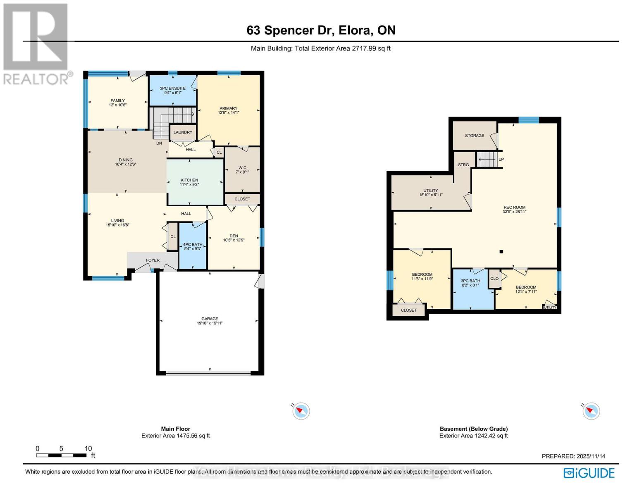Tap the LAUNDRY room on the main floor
click(183, 132)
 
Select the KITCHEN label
click(189, 180)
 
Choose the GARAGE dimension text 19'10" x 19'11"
click(210, 323)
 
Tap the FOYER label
click(153, 260)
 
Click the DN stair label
click(159, 143)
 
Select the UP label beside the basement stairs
click(501, 160)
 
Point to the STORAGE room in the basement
click(474, 136)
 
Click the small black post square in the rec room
click(501, 251)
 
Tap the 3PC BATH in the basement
click(470, 283)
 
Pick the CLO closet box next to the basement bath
click(494, 279)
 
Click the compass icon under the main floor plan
click(301, 411)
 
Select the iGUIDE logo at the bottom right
click(589, 473)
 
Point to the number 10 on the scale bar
click(88, 448)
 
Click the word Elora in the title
click(354, 30)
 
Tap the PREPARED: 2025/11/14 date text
click(573, 456)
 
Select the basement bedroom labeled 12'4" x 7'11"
click(526, 289)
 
